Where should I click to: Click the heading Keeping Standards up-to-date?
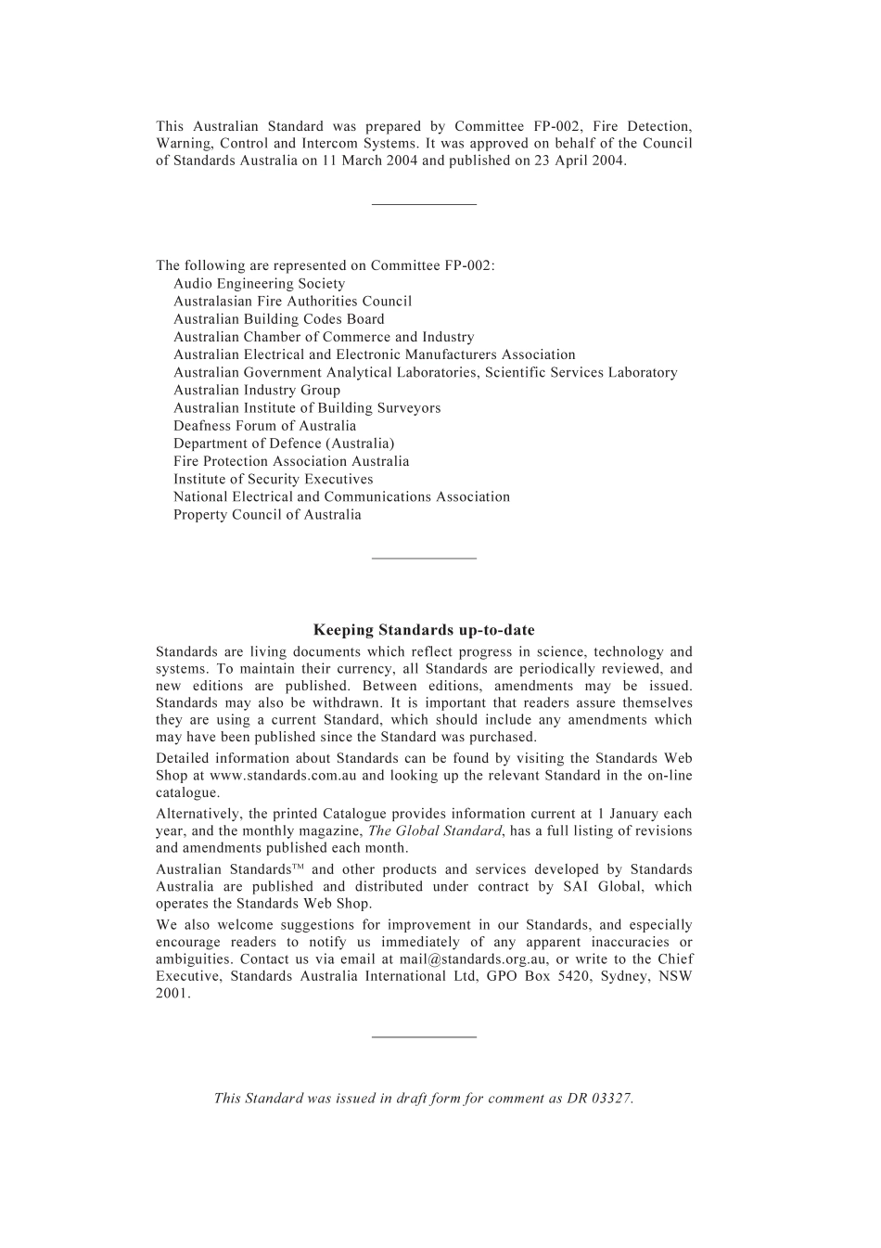click(x=424, y=630)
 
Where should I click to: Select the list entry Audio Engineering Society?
click(x=259, y=284)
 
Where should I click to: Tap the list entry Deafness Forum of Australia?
click(x=264, y=426)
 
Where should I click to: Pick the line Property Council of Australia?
click(x=267, y=515)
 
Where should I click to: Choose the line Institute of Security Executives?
click(x=273, y=480)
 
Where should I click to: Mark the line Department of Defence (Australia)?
click(x=283, y=444)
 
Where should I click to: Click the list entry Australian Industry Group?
click(x=256, y=391)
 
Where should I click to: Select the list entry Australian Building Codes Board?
click(x=278, y=319)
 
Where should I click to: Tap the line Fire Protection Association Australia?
click(x=290, y=461)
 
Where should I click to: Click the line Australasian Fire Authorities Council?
click(x=292, y=302)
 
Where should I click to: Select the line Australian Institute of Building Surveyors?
click(x=307, y=408)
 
